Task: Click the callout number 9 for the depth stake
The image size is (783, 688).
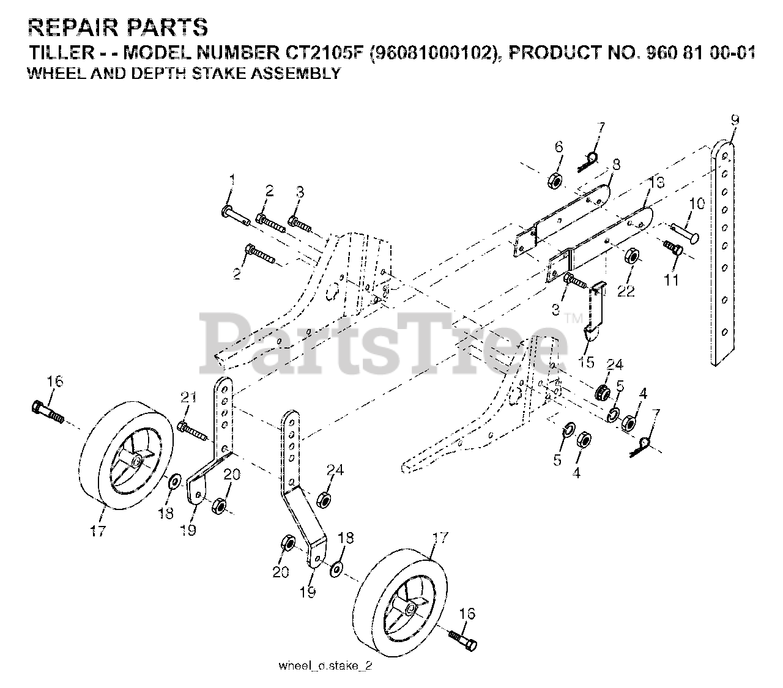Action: [734, 120]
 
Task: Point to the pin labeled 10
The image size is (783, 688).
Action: [688, 232]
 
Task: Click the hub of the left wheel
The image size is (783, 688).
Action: [136, 460]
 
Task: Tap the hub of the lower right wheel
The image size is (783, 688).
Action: [407, 607]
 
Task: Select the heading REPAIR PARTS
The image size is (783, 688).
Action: [118, 28]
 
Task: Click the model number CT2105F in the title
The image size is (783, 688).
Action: [334, 53]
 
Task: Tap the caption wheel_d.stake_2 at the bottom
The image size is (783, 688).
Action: [325, 666]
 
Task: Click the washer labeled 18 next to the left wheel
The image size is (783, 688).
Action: [174, 482]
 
